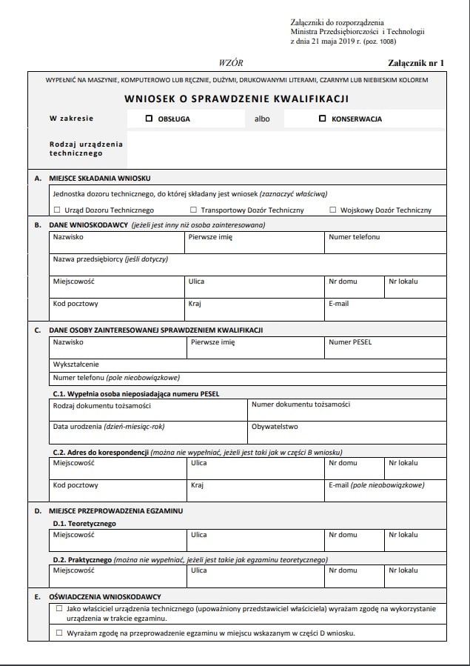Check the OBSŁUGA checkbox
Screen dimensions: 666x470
[149, 118]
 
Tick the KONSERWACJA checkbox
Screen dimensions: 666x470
[322, 118]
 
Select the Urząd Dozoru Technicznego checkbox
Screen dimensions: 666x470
[57, 210]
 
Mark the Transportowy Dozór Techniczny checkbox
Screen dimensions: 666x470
[194, 210]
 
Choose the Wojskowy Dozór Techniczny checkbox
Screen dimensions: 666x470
[333, 210]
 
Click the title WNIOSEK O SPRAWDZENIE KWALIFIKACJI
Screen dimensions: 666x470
[237, 99]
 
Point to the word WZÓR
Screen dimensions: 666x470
[232, 64]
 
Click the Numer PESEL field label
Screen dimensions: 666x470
[350, 342]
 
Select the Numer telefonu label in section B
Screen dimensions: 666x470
[354, 237]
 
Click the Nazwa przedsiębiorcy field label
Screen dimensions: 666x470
[110, 259]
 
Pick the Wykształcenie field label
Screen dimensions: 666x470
[75, 364]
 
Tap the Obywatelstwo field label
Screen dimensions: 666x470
[275, 427]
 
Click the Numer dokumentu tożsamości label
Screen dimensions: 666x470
[301, 404]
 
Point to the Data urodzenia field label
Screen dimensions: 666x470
[108, 427]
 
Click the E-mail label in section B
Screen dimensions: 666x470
[338, 304]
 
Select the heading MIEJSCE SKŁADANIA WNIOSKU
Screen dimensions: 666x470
[100, 179]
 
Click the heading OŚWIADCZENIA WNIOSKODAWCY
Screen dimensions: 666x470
[105, 596]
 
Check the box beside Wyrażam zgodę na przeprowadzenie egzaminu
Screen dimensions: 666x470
[59, 633]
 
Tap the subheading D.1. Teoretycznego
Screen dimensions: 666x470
[84, 523]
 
